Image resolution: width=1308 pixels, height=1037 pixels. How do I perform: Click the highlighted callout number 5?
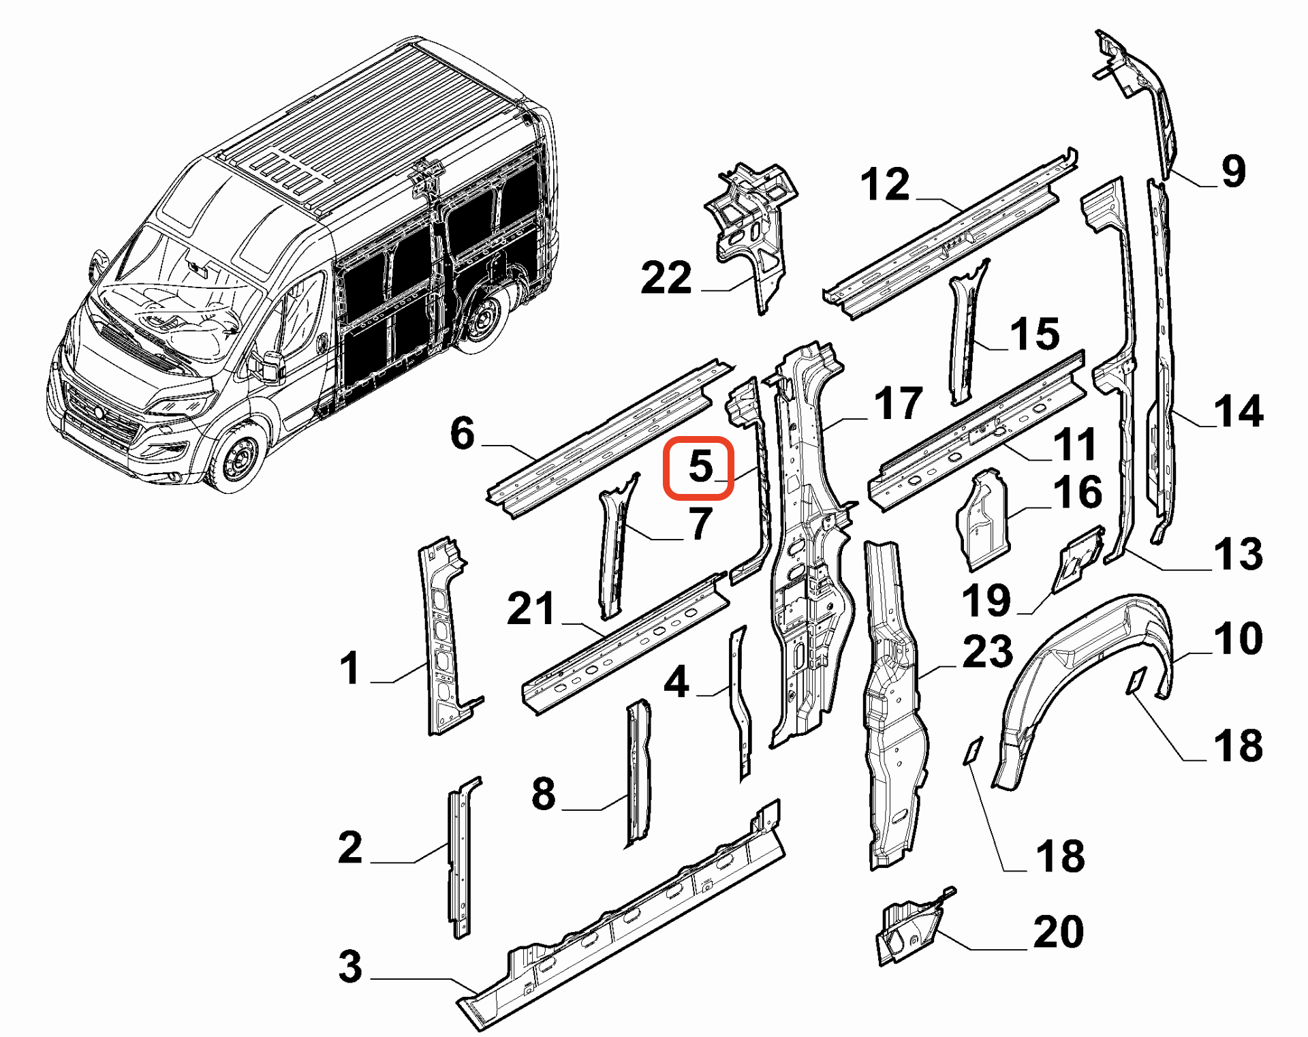tap(699, 467)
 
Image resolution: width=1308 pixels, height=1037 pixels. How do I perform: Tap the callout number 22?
tap(666, 278)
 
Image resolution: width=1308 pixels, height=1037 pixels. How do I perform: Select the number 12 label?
tap(884, 185)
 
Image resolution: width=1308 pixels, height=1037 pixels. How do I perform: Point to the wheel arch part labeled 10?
tap(1083, 654)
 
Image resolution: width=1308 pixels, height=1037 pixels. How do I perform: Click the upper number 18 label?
tap(1238, 745)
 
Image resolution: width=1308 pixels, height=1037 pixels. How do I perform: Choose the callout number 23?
tap(987, 651)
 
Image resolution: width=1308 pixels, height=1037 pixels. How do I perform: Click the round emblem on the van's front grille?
tap(99, 412)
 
